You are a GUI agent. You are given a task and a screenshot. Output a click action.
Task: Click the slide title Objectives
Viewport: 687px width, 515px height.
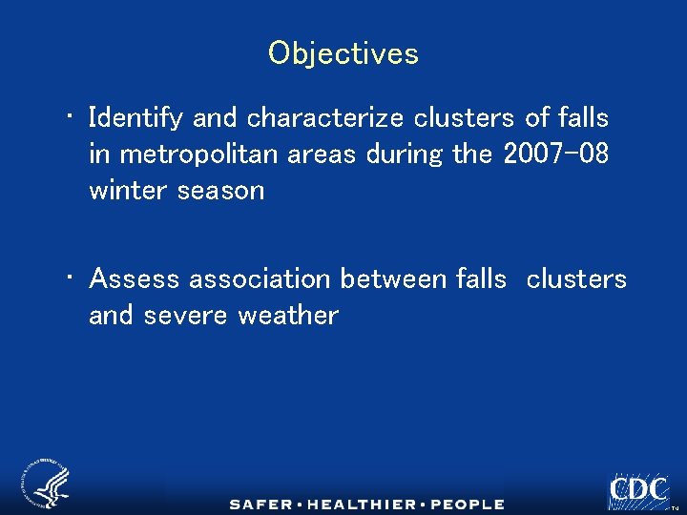[343, 52]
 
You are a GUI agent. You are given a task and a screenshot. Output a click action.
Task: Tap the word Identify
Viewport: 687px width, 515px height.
[136, 119]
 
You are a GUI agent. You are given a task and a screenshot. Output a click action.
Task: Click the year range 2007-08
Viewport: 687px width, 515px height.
[555, 154]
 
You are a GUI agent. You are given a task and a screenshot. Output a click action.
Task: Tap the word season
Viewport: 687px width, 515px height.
[220, 190]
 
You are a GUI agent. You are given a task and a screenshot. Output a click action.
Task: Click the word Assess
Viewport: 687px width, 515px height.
[135, 279]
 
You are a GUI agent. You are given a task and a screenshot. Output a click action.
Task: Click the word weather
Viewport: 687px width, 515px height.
[288, 316]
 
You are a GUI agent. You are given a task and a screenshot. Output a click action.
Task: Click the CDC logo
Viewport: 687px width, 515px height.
[638, 489]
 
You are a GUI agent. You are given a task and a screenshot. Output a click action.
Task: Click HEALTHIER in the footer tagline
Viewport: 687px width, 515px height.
[367, 505]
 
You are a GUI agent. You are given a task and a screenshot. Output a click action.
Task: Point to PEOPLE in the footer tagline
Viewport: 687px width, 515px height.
[467, 505]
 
